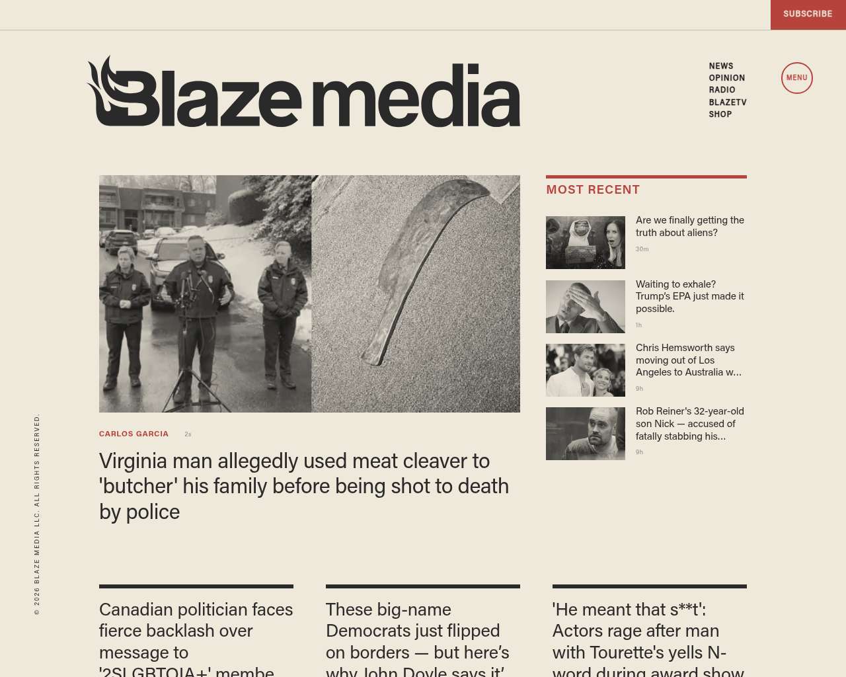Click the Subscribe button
point(808,14)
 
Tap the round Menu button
point(796,78)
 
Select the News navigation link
point(721,66)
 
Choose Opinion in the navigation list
point(726,78)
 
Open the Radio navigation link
point(722,90)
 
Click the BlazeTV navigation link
point(727,102)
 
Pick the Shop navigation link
point(720,114)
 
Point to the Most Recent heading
point(593,190)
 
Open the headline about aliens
point(689,226)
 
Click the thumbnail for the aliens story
point(585,243)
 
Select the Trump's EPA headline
point(689,296)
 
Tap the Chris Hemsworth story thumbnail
point(585,370)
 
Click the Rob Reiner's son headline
point(689,423)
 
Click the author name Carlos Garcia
point(134,434)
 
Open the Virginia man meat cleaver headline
point(304,486)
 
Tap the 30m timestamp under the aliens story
point(642,249)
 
